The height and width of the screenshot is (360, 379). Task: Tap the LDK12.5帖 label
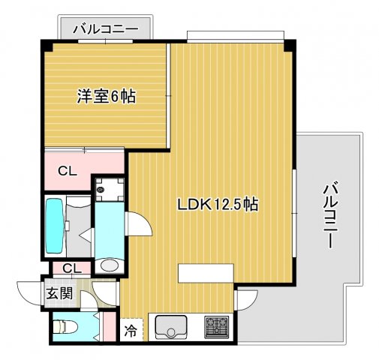pos(218,204)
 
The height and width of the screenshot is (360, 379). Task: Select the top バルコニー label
pos(105,29)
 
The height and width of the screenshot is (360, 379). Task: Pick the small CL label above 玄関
pos(72,268)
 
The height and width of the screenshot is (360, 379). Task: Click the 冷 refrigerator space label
pos(131,329)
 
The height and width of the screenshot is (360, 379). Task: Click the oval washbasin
pos(110,265)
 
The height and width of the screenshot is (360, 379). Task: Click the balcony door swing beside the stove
pos(245,300)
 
